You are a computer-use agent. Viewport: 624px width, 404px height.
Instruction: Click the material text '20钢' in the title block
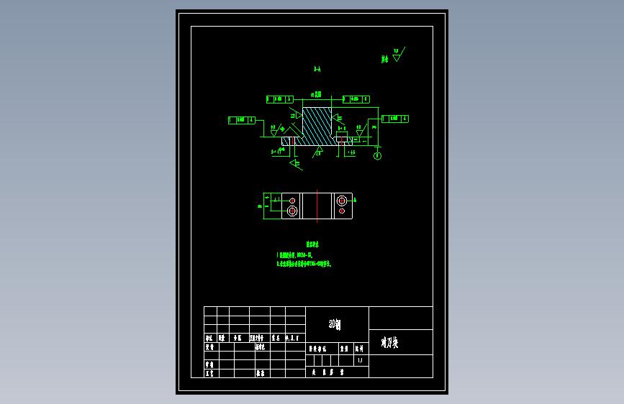click(x=334, y=325)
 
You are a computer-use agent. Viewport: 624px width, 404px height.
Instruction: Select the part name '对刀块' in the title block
click(x=389, y=343)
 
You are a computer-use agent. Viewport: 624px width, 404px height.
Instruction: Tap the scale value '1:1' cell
click(x=360, y=361)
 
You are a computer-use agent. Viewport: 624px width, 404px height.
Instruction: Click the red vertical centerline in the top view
click(x=317, y=205)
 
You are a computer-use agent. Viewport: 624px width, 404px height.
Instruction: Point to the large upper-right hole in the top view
click(x=341, y=200)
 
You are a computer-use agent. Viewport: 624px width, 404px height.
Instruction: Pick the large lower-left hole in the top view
click(x=292, y=211)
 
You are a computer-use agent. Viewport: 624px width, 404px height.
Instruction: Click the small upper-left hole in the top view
click(x=292, y=199)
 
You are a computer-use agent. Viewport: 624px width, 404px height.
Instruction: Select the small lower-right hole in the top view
click(x=341, y=211)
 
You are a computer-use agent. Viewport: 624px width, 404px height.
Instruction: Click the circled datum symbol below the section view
click(x=378, y=155)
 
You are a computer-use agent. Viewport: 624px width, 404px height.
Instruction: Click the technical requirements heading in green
click(x=312, y=245)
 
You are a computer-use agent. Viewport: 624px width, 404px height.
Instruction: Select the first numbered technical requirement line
click(x=295, y=255)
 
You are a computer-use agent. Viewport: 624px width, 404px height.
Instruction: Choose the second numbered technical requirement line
click(x=304, y=264)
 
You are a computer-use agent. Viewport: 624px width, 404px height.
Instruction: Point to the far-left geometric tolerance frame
click(x=241, y=120)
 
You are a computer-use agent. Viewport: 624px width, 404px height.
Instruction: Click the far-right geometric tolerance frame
click(x=394, y=119)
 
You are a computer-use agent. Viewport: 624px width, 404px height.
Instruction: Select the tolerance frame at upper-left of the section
click(x=279, y=99)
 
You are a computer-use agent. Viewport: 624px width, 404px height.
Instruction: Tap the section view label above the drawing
click(x=317, y=70)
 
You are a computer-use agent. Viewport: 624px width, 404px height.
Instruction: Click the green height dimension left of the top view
click(x=260, y=206)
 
